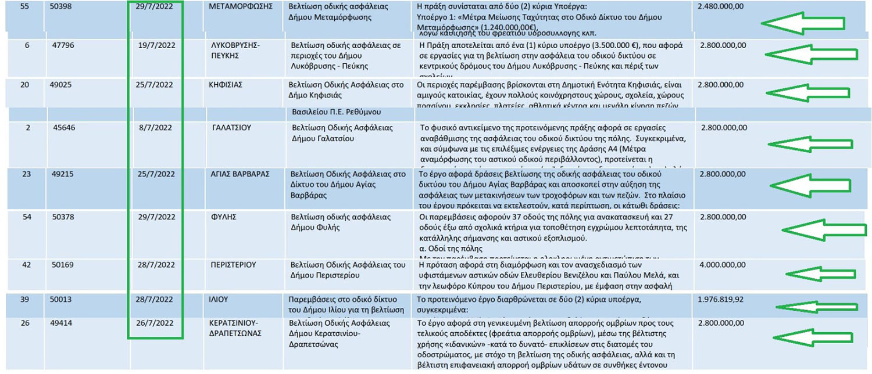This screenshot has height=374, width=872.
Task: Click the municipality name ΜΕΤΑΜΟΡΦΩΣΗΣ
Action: click(x=241, y=7)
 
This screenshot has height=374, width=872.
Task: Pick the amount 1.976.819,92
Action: click(x=723, y=300)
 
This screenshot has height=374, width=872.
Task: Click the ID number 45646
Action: click(x=64, y=128)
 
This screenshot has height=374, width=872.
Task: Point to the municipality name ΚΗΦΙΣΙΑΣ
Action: click(x=226, y=85)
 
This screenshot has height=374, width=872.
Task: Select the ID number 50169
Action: click(x=63, y=265)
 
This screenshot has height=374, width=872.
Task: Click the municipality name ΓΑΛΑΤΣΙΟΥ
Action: click(x=232, y=128)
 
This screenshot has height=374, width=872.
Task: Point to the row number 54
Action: click(x=25, y=217)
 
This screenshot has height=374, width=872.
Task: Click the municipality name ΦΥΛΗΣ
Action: click(x=223, y=217)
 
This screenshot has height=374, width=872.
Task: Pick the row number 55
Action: click(x=25, y=7)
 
